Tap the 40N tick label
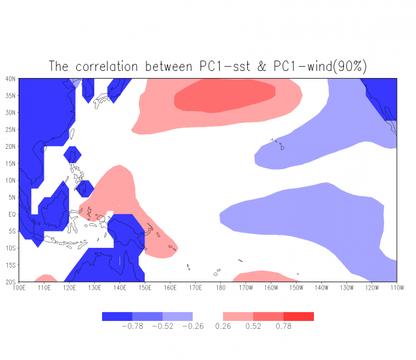coord(11,79)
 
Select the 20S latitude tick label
coord(11,281)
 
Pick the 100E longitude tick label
coord(19,287)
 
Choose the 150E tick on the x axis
coord(145,287)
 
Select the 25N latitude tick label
coord(11,130)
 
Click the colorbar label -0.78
coord(132,326)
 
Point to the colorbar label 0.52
coord(253,326)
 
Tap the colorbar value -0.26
coord(193,326)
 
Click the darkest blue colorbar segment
coord(117,316)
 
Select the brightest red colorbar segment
coord(298,316)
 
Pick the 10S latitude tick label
coord(11,248)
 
